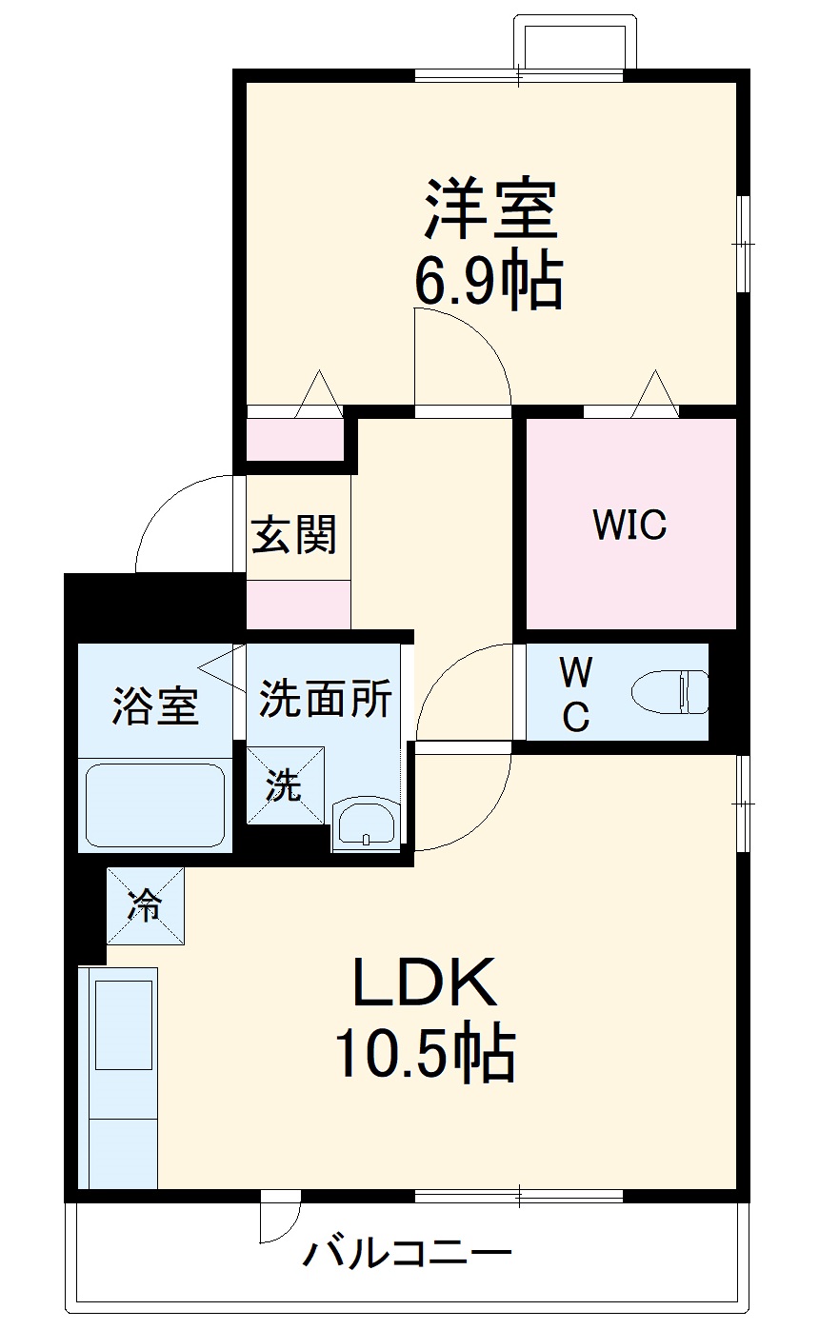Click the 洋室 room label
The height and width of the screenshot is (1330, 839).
(490, 209)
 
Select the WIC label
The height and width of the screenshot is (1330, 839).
(629, 525)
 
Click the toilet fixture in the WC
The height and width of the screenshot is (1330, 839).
(670, 692)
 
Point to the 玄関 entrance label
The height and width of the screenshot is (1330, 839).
(294, 534)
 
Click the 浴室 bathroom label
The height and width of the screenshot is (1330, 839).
(155, 705)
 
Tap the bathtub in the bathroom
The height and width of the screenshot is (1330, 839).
(155, 806)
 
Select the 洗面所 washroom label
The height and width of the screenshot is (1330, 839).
(326, 698)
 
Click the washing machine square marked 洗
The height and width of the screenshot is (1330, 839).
(286, 784)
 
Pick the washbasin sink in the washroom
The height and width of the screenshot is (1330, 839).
(365, 826)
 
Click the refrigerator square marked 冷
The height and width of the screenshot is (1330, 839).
(146, 905)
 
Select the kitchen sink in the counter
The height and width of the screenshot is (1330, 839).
(124, 1025)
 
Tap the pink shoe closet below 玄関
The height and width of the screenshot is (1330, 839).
(298, 604)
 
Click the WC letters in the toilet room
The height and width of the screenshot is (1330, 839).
(576, 695)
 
